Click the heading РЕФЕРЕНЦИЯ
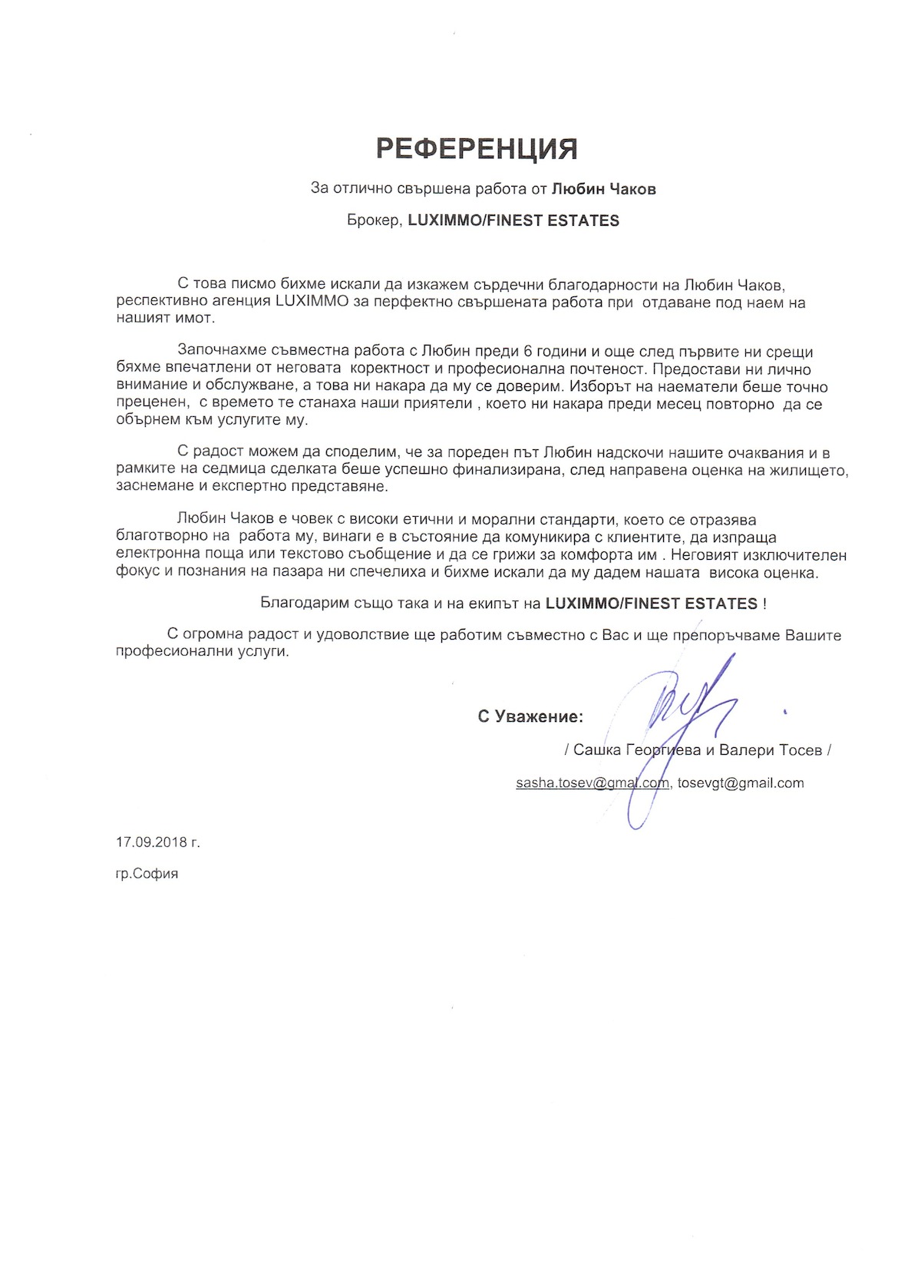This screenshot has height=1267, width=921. pos(477,148)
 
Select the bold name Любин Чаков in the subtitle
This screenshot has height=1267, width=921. pos(604,188)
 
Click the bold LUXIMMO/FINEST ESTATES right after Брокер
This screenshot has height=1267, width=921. pos(513,220)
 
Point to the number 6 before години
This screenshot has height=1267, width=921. pos(527,352)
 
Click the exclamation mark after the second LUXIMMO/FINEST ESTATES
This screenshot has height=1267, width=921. pos(764,604)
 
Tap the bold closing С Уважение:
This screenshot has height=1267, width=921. pos(530,716)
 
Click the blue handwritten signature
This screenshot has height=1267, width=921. pos(675,718)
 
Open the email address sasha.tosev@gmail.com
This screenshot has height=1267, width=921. pos(592,783)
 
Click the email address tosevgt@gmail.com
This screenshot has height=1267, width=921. pos(741,783)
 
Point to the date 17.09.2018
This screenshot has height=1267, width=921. pos(152,842)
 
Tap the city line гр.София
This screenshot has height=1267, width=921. pos(147,873)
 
